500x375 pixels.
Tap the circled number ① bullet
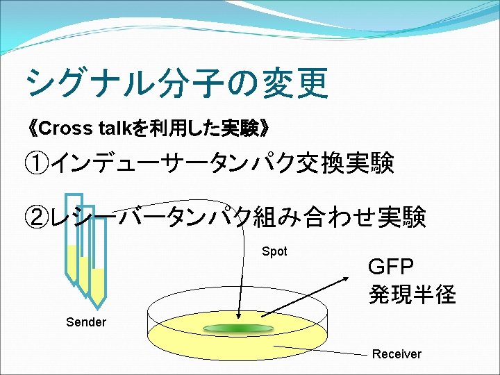tap(37, 165)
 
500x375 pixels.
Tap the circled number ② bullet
tap(37, 218)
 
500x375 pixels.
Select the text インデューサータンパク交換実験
tap(222, 165)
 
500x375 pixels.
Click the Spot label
tap(274, 251)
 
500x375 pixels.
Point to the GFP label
tap(390, 267)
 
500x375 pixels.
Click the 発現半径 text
tap(412, 294)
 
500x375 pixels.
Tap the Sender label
tap(86, 322)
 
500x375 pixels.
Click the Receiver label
tap(397, 354)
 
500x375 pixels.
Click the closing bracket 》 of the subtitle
tap(265, 128)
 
